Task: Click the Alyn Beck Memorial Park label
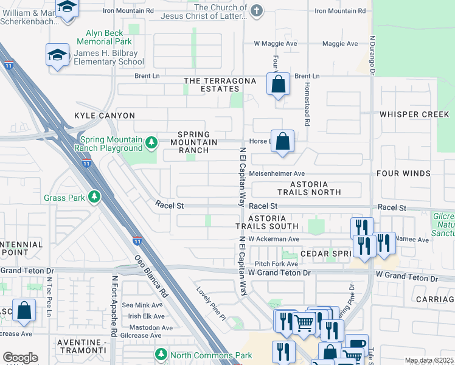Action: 104,38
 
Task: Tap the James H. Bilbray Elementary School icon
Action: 58,55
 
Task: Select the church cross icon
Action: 257,10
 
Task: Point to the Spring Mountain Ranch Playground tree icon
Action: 151,143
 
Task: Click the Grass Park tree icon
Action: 94,197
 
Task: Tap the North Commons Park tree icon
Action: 161,354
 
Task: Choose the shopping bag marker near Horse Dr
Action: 282,142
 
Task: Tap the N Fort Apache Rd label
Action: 114,306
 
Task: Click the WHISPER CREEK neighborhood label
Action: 414,114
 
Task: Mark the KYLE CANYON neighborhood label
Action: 105,116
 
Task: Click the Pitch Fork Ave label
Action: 276,264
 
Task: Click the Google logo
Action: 20,358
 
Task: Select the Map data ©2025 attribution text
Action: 429,360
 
